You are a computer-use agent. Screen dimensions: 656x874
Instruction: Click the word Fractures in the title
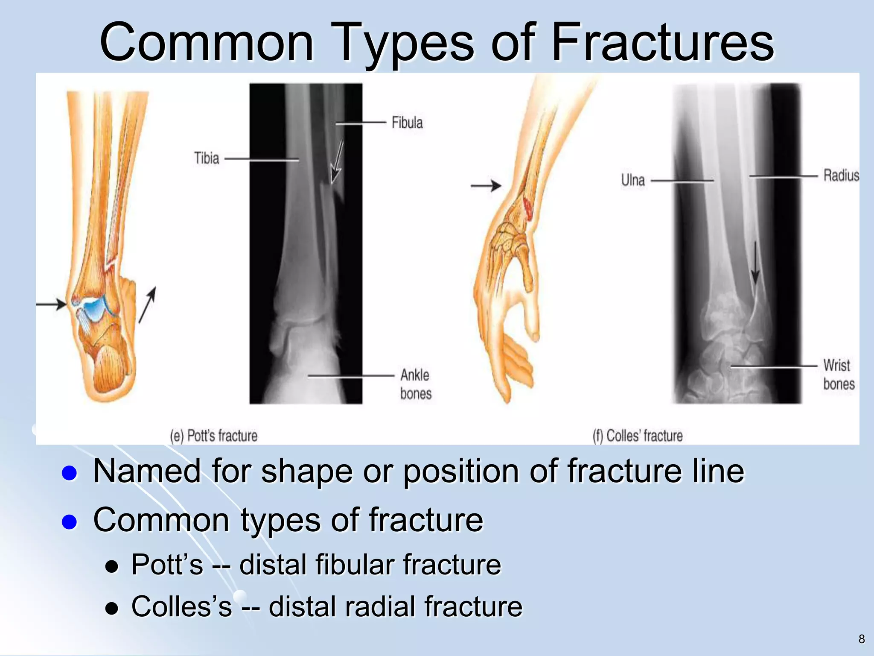[662, 43]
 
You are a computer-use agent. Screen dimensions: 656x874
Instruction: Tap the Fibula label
[407, 123]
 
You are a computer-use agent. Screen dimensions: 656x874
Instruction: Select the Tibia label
[207, 158]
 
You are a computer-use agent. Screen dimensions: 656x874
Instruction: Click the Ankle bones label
[415, 384]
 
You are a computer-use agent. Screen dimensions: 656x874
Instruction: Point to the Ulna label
[633, 180]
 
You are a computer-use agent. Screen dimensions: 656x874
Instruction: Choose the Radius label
[841, 176]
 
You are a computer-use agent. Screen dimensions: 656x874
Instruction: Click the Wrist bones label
[838, 375]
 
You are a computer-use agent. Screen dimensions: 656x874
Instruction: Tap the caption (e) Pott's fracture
[213, 436]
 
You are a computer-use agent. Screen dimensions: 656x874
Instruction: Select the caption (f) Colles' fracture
[638, 436]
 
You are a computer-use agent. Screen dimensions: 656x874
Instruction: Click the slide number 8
[861, 639]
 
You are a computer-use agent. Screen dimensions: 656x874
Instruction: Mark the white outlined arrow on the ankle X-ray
[337, 163]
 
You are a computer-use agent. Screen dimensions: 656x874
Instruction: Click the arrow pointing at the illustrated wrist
[486, 186]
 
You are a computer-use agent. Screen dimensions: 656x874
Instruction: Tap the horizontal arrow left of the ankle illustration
[51, 304]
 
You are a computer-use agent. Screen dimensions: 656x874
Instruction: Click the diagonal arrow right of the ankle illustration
[147, 305]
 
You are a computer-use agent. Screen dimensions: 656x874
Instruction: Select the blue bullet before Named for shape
[69, 473]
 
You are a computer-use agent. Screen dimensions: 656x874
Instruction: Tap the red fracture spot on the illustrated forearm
[528, 208]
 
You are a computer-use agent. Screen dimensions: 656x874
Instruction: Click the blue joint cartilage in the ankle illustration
[95, 306]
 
